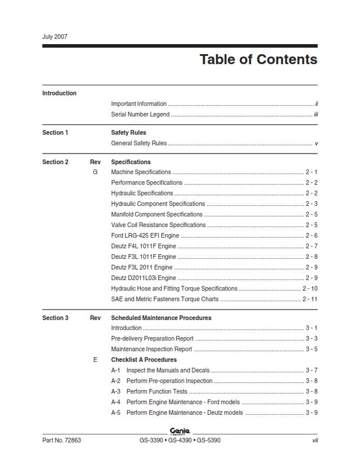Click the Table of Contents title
[258, 59]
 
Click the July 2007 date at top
[55, 36]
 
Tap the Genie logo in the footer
[179, 432]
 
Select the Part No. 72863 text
[62, 441]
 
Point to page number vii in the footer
[315, 441]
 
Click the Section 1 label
[55, 132]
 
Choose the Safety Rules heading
[128, 132]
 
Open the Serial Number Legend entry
[140, 114]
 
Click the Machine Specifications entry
[141, 172]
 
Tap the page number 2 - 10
[310, 288]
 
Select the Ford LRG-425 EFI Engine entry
[145, 235]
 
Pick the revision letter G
[95, 172]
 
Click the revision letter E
[95, 360]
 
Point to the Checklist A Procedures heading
[144, 360]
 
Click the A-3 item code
[116, 391]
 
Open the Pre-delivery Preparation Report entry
[152, 338]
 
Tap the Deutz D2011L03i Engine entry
[144, 278]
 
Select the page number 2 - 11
[310, 299]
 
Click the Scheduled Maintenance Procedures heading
[161, 318]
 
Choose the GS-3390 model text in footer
[151, 441]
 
